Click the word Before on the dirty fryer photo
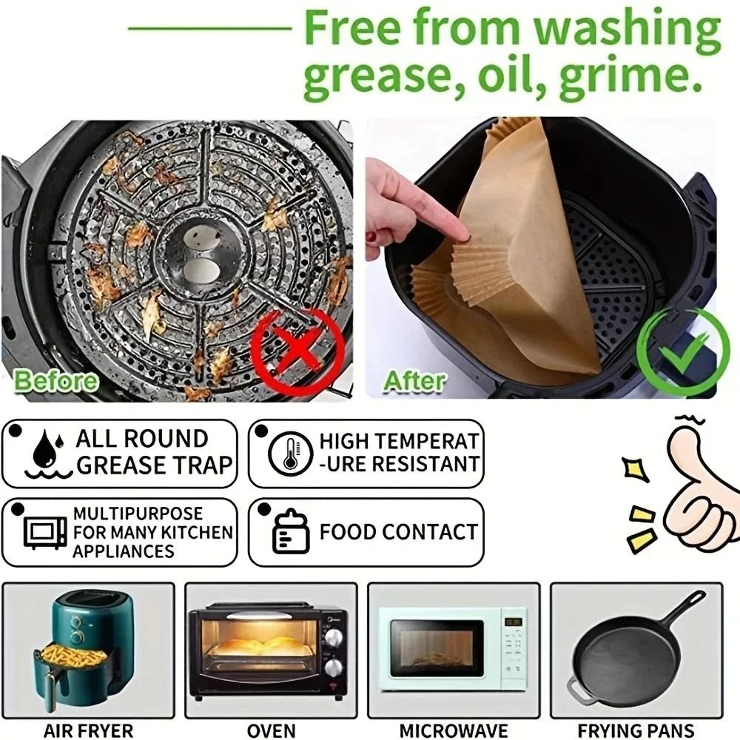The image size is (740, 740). (56, 380)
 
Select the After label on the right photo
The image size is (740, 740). (415, 380)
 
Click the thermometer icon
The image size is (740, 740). (286, 453)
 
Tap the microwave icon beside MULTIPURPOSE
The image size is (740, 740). (45, 531)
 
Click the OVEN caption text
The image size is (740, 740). (271, 730)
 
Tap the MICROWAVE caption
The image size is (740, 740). (453, 730)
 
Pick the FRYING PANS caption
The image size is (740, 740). (636, 730)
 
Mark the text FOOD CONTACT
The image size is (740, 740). (398, 532)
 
